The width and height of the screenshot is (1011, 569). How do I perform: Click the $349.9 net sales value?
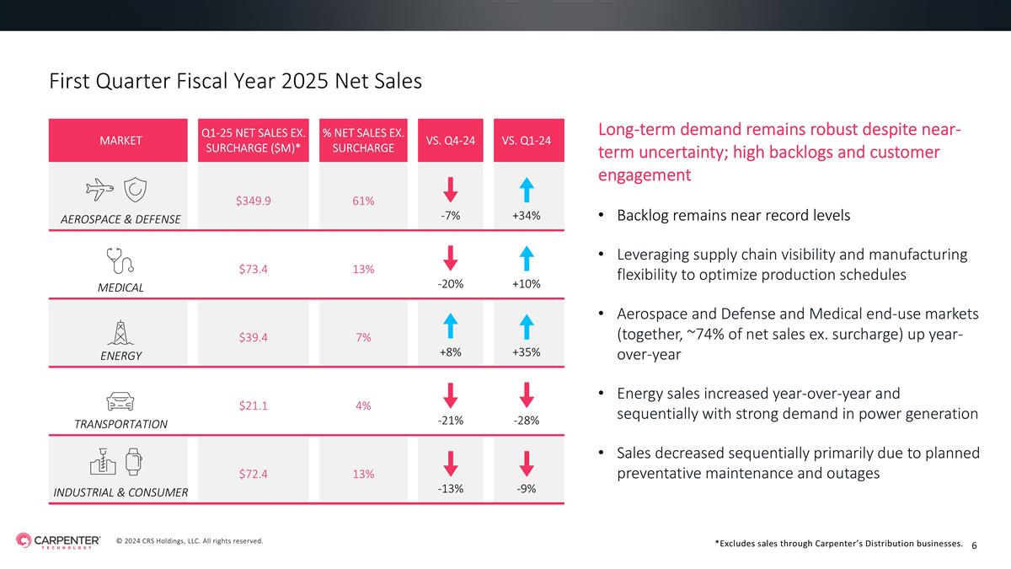[254, 201]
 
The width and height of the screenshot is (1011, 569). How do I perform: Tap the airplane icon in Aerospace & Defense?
[99, 189]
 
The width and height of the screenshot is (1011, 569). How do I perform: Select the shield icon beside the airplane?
[135, 189]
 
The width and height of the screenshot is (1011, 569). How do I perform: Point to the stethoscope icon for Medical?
[120, 260]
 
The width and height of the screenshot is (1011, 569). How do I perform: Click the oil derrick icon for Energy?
[120, 333]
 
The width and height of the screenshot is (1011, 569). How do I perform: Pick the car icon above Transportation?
[120, 401]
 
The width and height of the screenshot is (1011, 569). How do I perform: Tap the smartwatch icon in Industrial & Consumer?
[133, 462]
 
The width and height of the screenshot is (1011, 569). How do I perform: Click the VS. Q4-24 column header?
[451, 141]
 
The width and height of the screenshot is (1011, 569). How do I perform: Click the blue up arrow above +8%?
[451, 326]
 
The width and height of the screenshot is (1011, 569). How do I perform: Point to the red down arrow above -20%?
[451, 258]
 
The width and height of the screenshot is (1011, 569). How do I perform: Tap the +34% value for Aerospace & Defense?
[527, 216]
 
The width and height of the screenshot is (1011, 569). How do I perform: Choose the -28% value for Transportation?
[527, 421]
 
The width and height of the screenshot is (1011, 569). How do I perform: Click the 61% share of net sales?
[363, 201]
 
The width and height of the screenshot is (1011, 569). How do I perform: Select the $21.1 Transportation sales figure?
[254, 405]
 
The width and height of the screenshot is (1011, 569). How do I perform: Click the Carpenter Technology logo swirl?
[24, 540]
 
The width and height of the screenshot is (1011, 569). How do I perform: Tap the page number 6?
[974, 545]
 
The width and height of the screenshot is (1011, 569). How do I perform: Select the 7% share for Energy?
[363, 337]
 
